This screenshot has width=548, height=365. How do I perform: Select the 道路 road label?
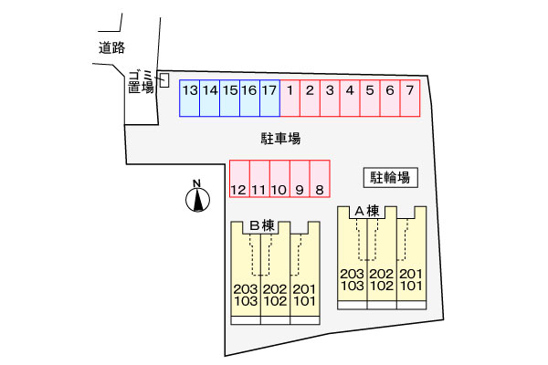(111, 48)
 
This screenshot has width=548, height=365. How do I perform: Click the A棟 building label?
(367, 211)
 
